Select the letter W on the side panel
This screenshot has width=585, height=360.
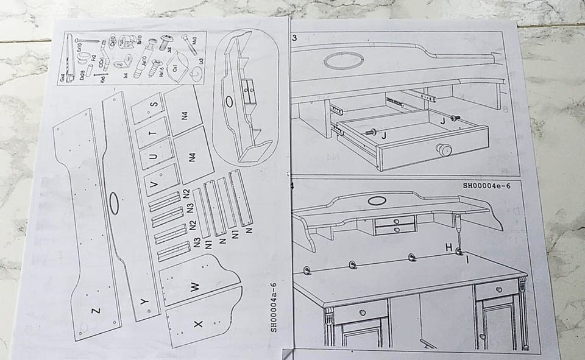click(x=195, y=286)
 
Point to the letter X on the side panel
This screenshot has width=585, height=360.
click(x=197, y=325)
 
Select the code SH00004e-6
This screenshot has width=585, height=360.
click(x=486, y=186)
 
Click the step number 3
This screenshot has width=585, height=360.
click(x=294, y=38)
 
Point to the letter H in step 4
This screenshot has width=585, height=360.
click(x=448, y=247)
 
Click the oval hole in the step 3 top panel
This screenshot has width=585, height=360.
click(x=343, y=60)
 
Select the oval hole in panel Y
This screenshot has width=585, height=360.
click(x=114, y=203)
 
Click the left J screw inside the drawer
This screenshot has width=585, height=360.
click(x=367, y=132)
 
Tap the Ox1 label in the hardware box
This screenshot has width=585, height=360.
click(x=175, y=68)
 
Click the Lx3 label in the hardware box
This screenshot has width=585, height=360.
click(x=199, y=61)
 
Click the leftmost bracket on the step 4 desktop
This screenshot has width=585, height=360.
click(x=307, y=269)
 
